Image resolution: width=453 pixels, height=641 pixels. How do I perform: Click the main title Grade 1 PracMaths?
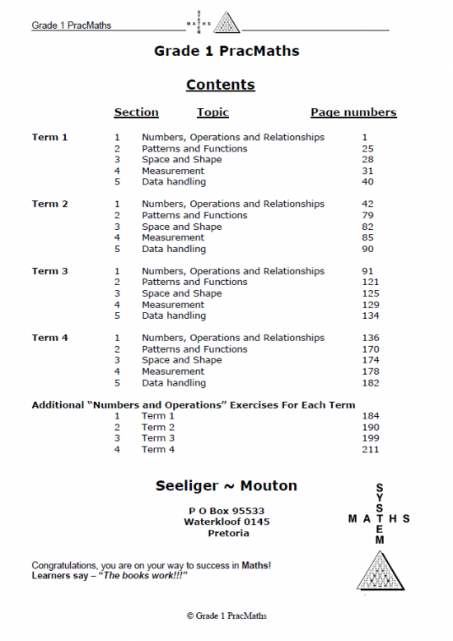(x=226, y=51)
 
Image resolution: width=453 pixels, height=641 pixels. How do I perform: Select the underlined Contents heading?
(x=220, y=85)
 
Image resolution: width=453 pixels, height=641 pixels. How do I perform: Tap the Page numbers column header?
(x=353, y=113)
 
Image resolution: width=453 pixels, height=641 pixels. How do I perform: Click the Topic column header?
(x=212, y=113)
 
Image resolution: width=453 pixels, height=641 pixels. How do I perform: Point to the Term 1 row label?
(x=49, y=138)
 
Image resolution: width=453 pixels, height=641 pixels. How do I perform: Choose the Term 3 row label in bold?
(x=49, y=271)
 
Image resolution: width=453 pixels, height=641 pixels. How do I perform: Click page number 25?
(x=368, y=149)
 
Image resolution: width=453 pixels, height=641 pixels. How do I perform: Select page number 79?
(x=368, y=216)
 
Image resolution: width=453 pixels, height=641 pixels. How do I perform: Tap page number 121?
(x=371, y=283)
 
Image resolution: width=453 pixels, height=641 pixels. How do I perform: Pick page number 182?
(x=371, y=383)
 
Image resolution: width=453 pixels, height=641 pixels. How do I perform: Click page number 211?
(x=371, y=450)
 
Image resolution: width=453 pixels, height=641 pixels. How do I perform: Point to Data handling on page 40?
(x=174, y=182)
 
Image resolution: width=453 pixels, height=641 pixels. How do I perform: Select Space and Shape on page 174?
(x=181, y=360)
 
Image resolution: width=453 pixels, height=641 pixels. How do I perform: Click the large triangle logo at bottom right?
(x=380, y=570)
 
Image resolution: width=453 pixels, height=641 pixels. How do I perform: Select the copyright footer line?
(x=226, y=615)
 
